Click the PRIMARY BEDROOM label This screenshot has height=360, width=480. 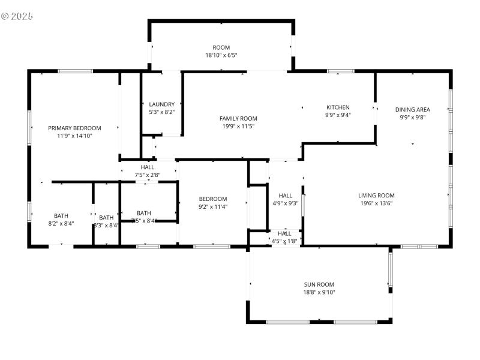point(74,128)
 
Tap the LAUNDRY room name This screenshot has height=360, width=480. point(161,104)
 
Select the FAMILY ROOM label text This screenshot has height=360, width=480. point(238,118)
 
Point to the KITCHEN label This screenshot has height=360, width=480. point(338,107)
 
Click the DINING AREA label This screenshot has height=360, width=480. point(412,109)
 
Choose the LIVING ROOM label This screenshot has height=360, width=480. point(376,195)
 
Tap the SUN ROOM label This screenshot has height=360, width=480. point(319,284)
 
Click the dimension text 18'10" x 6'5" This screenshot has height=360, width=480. point(221,55)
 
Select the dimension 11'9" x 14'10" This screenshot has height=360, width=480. point(74,136)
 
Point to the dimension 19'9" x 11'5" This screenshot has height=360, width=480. point(238,126)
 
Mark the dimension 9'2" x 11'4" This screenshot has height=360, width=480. point(213,207)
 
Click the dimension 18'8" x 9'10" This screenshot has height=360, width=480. point(319,292)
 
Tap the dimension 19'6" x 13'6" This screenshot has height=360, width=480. point(376,203)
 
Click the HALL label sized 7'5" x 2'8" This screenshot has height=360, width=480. point(148,167)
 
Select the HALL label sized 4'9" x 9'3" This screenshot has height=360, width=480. point(286,195)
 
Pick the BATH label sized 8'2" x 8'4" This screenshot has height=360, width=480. point(61,216)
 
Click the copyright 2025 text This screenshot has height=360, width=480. point(17,16)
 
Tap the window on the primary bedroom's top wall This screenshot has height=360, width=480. point(76,71)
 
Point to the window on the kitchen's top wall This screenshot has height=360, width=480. point(340,71)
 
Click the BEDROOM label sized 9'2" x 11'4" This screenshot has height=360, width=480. point(213,199)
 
